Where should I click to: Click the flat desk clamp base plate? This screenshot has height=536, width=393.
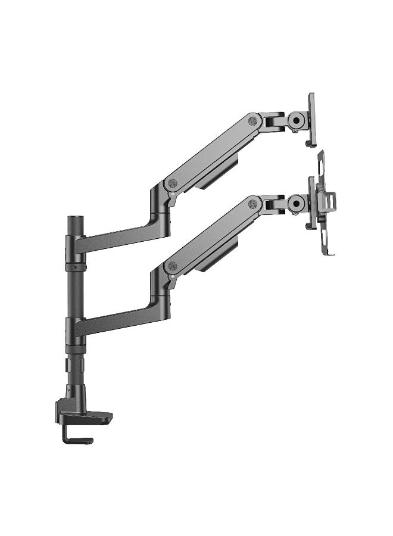(x=89, y=417)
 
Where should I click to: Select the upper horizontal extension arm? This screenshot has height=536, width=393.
(x=119, y=238)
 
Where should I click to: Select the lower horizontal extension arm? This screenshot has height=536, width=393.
(x=119, y=322)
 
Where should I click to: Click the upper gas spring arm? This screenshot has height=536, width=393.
(x=211, y=149)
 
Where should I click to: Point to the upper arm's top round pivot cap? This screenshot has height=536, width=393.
(x=252, y=121)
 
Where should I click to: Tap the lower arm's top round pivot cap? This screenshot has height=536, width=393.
(x=252, y=203)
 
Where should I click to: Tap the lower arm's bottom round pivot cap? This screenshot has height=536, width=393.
(x=173, y=266)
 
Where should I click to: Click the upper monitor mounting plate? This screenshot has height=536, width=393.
(x=311, y=119)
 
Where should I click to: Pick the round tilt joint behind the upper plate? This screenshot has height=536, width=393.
(x=296, y=120)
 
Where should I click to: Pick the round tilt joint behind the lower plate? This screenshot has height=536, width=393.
(x=296, y=203)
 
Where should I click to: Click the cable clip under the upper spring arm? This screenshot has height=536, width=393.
(x=217, y=173)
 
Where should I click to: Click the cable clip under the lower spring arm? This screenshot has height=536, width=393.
(x=217, y=256)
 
